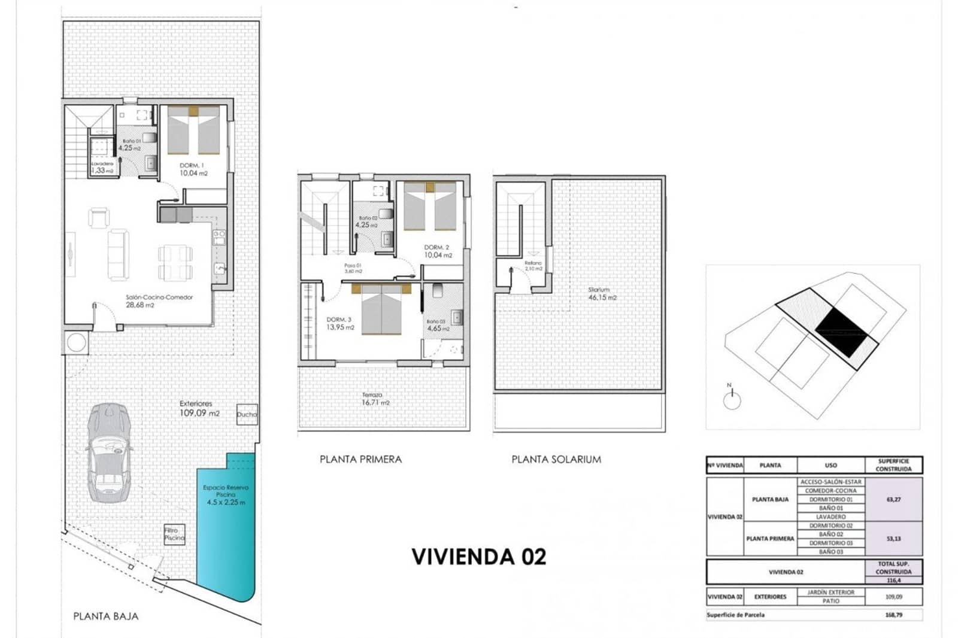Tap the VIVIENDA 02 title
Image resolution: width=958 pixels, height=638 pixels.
[479, 557]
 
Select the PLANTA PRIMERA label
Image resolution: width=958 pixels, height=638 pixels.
[360, 459]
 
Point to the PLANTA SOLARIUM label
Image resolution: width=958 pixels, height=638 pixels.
[556, 459]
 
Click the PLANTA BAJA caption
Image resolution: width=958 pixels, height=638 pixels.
[105, 616]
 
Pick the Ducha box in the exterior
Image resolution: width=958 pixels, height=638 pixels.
[247, 414]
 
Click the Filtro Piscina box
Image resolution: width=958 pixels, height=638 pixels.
[174, 534]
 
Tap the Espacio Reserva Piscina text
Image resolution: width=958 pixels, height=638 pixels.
[226, 491]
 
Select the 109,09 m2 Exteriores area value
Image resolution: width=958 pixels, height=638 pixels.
[199, 413]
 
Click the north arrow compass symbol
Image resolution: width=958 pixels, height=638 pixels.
[732, 400]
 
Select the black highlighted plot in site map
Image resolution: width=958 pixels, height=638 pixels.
[841, 329]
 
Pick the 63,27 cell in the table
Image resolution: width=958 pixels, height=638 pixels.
[893, 499]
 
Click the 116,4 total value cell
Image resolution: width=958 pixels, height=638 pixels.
[893, 580]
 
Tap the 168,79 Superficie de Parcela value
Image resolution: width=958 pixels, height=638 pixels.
[893, 615]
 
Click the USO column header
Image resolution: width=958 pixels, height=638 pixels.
[830, 465]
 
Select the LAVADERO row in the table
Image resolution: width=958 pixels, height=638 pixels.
[830, 517]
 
